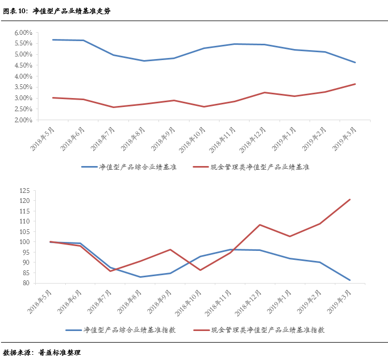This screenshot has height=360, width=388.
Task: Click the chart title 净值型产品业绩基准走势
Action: coord(72,11)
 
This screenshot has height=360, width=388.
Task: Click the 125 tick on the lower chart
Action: coord(26,191)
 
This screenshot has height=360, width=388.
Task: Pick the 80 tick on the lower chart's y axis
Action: coord(27,283)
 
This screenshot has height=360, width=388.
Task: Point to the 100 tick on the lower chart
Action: coord(26,242)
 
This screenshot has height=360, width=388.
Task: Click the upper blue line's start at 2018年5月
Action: coord(53,40)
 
